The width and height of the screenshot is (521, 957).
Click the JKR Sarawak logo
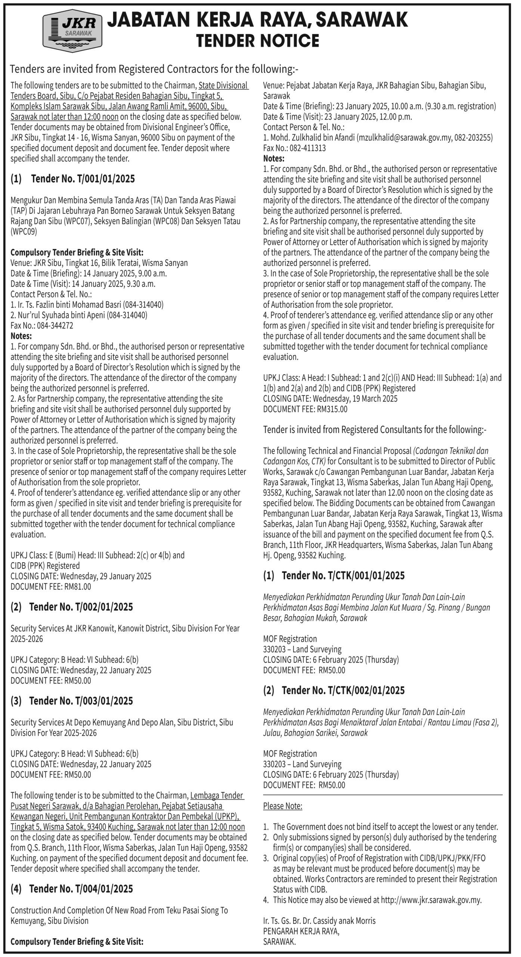(72, 31)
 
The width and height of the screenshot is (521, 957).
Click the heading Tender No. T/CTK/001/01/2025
(343, 576)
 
